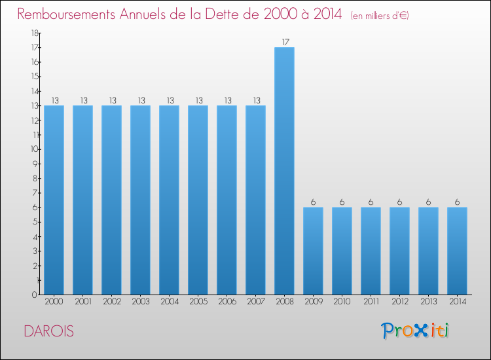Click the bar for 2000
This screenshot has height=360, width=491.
[54, 200]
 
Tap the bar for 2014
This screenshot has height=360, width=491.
[457, 251]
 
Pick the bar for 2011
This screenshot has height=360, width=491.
[371, 251]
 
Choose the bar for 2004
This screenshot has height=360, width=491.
[169, 200]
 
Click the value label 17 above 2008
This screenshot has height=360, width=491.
[285, 43]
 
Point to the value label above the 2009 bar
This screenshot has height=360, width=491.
[313, 202]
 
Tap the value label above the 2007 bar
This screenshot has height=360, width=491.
[255, 101]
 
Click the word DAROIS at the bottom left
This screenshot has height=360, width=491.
[48, 331]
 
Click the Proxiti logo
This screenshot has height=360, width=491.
[416, 331]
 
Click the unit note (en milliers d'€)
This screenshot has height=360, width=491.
[380, 16]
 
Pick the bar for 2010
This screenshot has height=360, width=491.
[342, 251]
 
